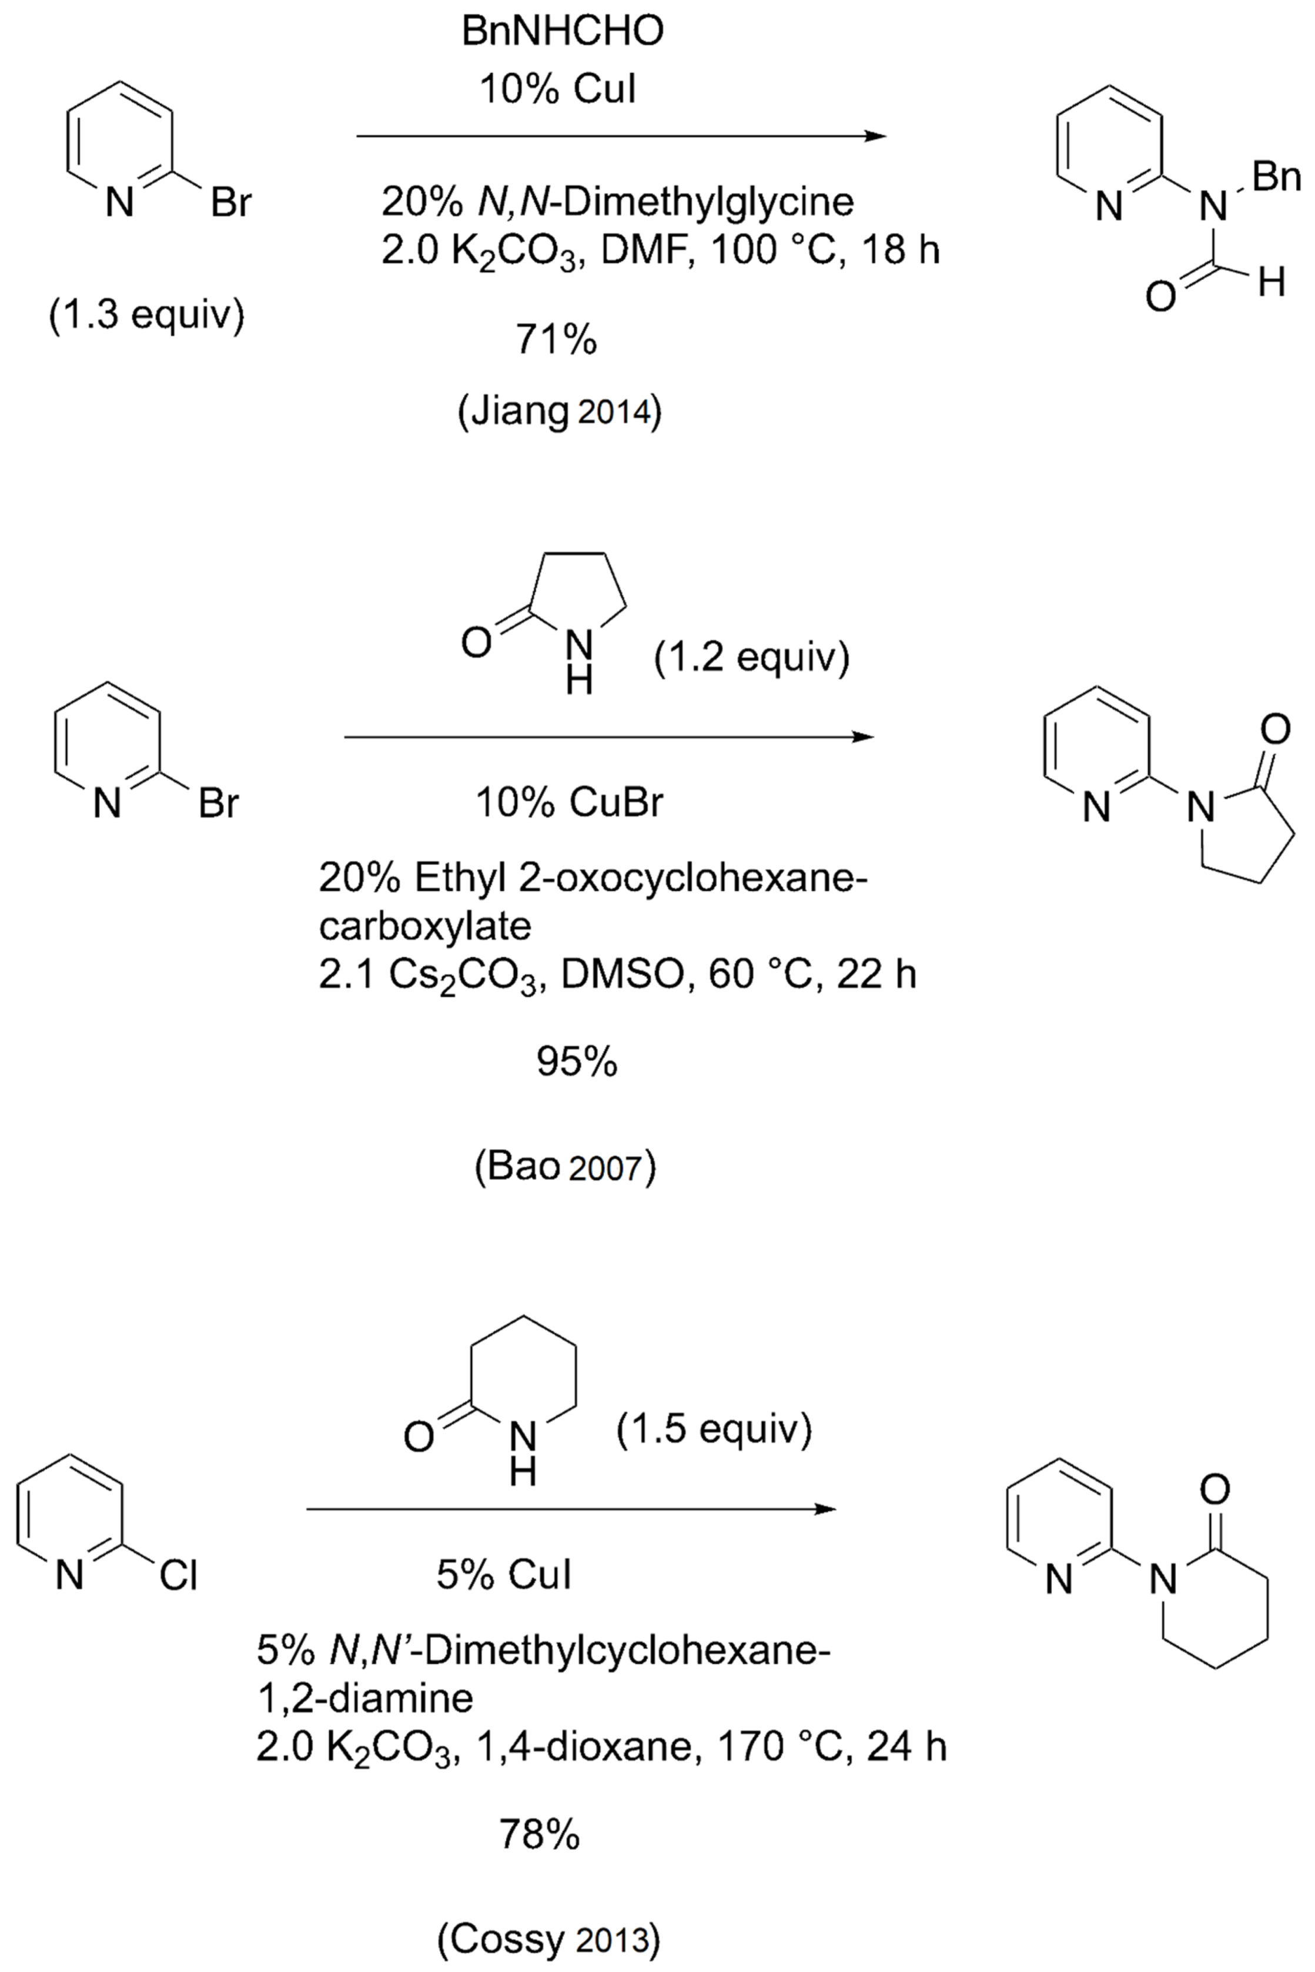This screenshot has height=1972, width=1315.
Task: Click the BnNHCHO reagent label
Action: pyautogui.click(x=562, y=32)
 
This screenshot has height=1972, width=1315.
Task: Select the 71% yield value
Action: pyautogui.click(x=556, y=340)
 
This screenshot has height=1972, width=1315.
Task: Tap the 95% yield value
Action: pyautogui.click(x=577, y=1062)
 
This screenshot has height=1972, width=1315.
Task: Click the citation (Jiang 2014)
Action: pyautogui.click(x=560, y=413)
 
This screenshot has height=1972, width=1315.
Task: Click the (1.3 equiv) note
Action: pyautogui.click(x=147, y=316)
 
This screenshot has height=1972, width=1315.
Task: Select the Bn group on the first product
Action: pyautogui.click(x=1276, y=178)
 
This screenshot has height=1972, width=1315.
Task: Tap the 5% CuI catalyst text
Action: pyautogui.click(x=503, y=1575)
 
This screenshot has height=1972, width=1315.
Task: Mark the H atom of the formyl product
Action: pyautogui.click(x=1271, y=283)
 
